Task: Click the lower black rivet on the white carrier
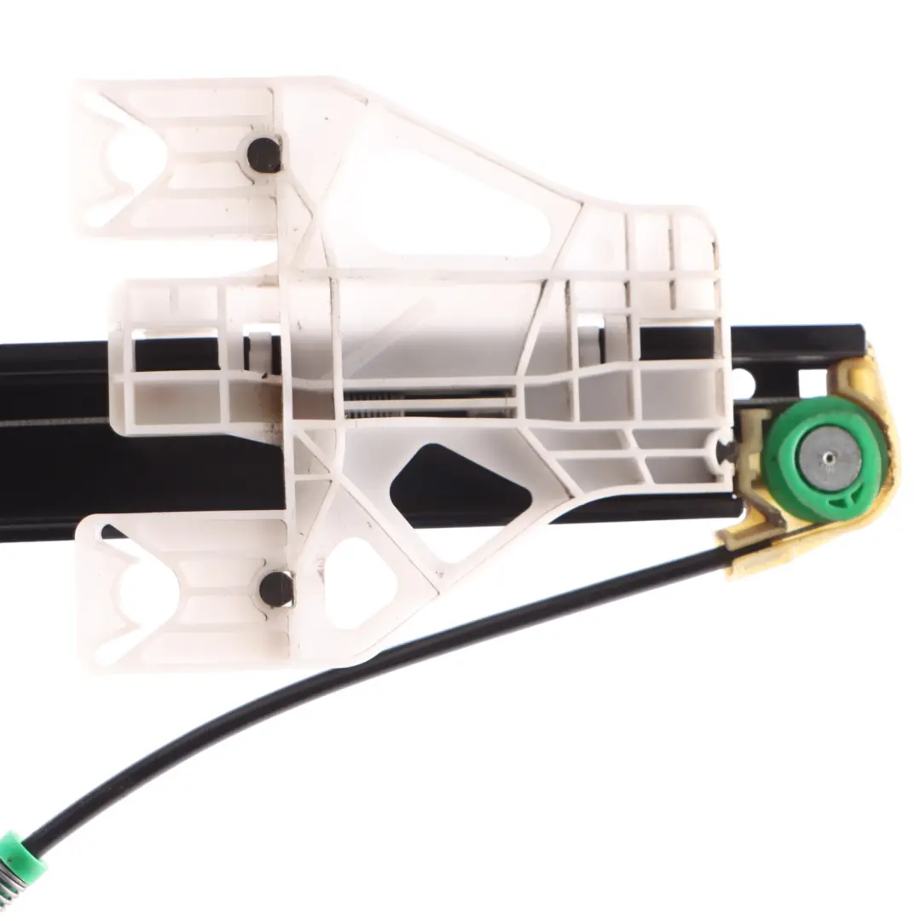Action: point(275,588)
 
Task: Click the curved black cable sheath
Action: point(341,674)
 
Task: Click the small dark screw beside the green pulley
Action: point(727,450)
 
